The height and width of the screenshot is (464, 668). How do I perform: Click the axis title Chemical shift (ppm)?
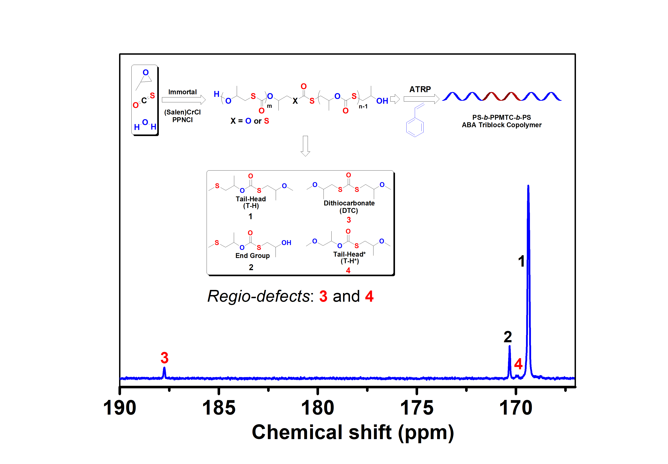coord(353,432)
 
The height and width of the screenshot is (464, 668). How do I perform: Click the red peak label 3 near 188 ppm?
coord(164,358)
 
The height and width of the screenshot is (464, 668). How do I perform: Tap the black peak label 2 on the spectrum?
coord(507,337)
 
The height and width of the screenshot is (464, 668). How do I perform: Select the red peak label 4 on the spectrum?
coord(518,364)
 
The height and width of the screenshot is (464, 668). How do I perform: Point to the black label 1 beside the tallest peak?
coord(521,261)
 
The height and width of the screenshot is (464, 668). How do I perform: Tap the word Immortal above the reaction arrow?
coord(182,92)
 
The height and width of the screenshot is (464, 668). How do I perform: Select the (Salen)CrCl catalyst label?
coord(182,112)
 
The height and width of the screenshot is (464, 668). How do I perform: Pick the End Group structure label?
coord(252,256)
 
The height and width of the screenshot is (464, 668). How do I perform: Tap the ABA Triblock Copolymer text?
coord(502,125)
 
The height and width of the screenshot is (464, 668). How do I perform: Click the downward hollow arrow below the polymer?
coord(305,146)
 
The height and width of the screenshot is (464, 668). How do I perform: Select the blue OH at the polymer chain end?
coord(382,101)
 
